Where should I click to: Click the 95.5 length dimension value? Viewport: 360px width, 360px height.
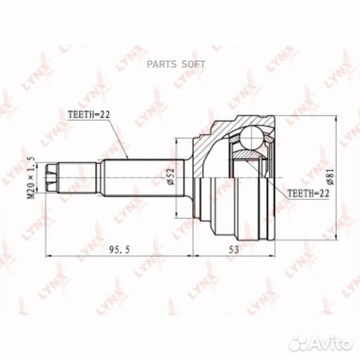(x=119, y=249)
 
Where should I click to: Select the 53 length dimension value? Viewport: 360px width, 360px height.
(x=234, y=249)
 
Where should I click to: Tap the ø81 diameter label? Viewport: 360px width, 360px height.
(x=331, y=176)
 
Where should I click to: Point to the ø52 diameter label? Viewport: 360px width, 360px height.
(x=171, y=177)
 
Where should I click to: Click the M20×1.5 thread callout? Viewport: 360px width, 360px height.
(x=31, y=178)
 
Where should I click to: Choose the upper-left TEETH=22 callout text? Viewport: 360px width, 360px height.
(x=89, y=115)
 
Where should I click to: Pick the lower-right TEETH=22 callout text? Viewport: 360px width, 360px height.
(x=309, y=193)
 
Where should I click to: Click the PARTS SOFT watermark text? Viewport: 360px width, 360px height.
(x=176, y=64)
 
